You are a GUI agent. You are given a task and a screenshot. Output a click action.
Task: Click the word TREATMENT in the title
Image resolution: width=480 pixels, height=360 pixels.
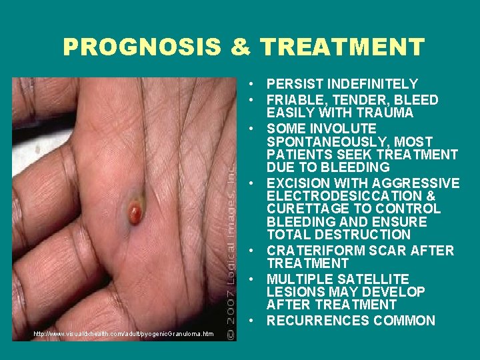point(343,47)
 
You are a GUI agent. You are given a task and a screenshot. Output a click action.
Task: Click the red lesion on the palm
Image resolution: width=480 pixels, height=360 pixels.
point(136,214)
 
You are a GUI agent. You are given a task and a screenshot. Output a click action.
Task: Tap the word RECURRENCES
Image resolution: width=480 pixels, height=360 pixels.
point(315,321)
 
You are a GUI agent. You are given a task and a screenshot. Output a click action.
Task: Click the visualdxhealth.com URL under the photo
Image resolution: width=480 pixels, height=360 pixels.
point(124,333)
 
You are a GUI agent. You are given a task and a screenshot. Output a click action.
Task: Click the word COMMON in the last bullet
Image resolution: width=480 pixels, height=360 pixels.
point(401,321)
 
